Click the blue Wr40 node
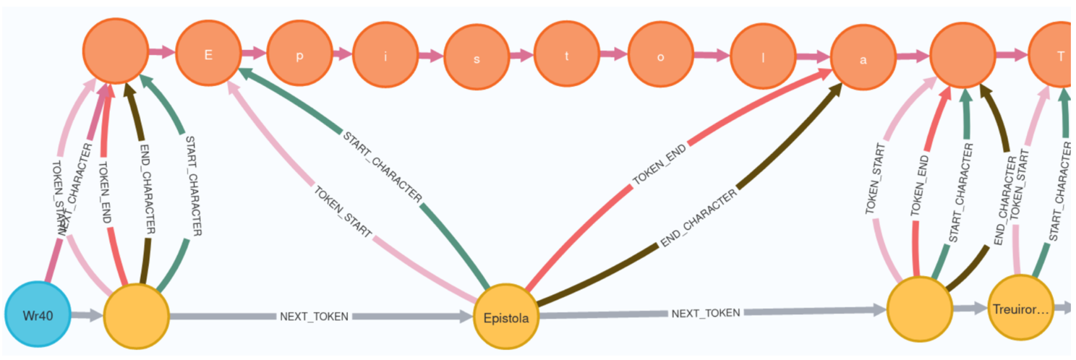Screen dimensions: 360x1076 [x=38, y=316]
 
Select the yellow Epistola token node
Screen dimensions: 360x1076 [x=505, y=317]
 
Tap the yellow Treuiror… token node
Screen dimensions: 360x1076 [x=1019, y=309]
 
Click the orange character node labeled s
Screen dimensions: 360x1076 [x=476, y=59]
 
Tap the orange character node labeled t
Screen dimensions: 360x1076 [x=566, y=58]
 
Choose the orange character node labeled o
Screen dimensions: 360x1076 [x=660, y=58]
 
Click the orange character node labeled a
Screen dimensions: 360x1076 [x=863, y=59]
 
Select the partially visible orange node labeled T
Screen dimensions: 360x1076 [x=1057, y=56]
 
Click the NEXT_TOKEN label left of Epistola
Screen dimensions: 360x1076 [x=315, y=317]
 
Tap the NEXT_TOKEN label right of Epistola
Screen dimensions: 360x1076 [x=706, y=313]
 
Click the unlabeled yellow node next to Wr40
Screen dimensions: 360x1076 [x=136, y=317]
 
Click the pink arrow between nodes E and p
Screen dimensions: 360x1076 [x=254, y=53]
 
